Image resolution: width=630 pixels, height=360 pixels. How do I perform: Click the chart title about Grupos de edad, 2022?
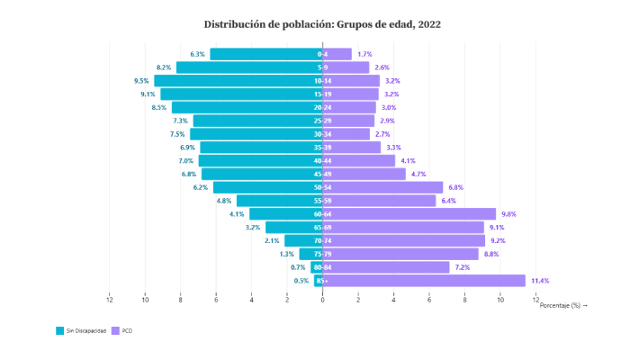(x=323, y=23)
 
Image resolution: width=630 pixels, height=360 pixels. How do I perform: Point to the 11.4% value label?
(x=540, y=281)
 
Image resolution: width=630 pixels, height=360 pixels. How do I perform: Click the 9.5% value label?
(x=141, y=80)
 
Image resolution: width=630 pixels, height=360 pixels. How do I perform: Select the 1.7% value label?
(x=364, y=54)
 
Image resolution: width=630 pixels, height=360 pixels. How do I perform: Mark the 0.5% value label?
(x=301, y=281)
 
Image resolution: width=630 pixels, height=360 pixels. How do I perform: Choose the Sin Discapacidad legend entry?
(x=81, y=331)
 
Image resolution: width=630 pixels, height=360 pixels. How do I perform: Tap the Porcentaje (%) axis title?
(x=563, y=306)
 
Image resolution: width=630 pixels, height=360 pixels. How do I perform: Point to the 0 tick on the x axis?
(x=323, y=298)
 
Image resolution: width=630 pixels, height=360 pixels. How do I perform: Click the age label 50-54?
(x=322, y=187)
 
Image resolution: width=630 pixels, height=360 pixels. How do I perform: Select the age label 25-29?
(x=322, y=121)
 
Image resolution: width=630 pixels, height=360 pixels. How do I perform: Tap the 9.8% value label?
(x=508, y=214)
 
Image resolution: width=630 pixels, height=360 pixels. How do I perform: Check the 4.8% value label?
(x=225, y=201)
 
